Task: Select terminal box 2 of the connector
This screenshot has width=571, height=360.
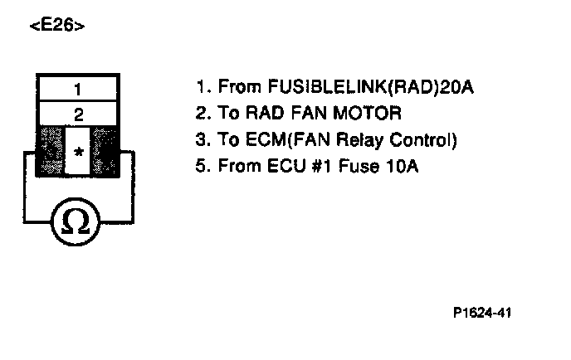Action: (79, 114)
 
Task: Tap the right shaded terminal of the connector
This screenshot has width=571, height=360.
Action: (105, 152)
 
